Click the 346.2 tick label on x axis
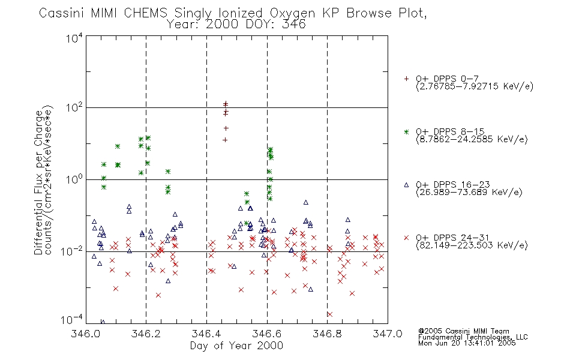pyautogui.click(x=146, y=334)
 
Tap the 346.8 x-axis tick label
pyautogui.click(x=327, y=334)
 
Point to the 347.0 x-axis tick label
pyautogui.click(x=388, y=334)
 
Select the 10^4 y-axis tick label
pyautogui.click(x=74, y=38)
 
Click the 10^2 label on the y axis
pyautogui.click(x=74, y=107)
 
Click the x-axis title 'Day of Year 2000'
pyautogui.click(x=236, y=346)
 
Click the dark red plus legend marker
pyautogui.click(x=406, y=78)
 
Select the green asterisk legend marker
pyautogui.click(x=406, y=131)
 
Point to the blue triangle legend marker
pyautogui.click(x=406, y=185)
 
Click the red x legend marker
pyautogui.click(x=406, y=238)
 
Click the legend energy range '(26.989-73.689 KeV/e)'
pyautogui.click(x=469, y=191)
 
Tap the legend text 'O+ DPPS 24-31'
pyautogui.click(x=452, y=238)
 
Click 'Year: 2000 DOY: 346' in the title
pyautogui.click(x=236, y=25)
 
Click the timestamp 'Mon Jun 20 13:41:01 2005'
pyautogui.click(x=467, y=343)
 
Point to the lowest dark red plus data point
pyautogui.click(x=225, y=140)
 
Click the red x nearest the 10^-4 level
pyautogui.click(x=330, y=314)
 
